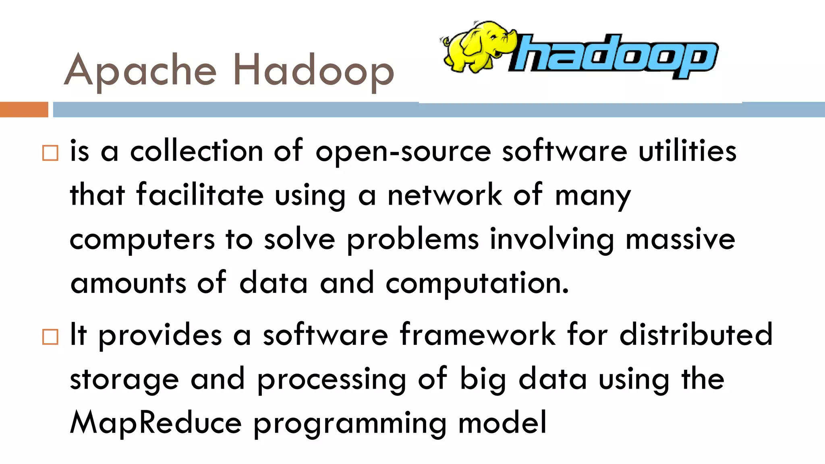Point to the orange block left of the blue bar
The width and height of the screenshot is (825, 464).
24,110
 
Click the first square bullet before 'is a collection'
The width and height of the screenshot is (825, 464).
50,153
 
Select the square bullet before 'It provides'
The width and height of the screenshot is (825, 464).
50,337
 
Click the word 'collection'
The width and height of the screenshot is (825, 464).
197,151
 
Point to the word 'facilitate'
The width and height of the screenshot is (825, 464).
200,195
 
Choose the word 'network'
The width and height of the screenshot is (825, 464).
445,195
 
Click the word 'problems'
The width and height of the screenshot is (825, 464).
413,240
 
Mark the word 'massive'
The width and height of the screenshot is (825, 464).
680,239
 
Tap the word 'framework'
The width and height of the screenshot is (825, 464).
478,335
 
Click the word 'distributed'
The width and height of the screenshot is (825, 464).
696,335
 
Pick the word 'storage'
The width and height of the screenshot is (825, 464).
124,380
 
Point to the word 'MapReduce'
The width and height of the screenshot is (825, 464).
156,423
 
